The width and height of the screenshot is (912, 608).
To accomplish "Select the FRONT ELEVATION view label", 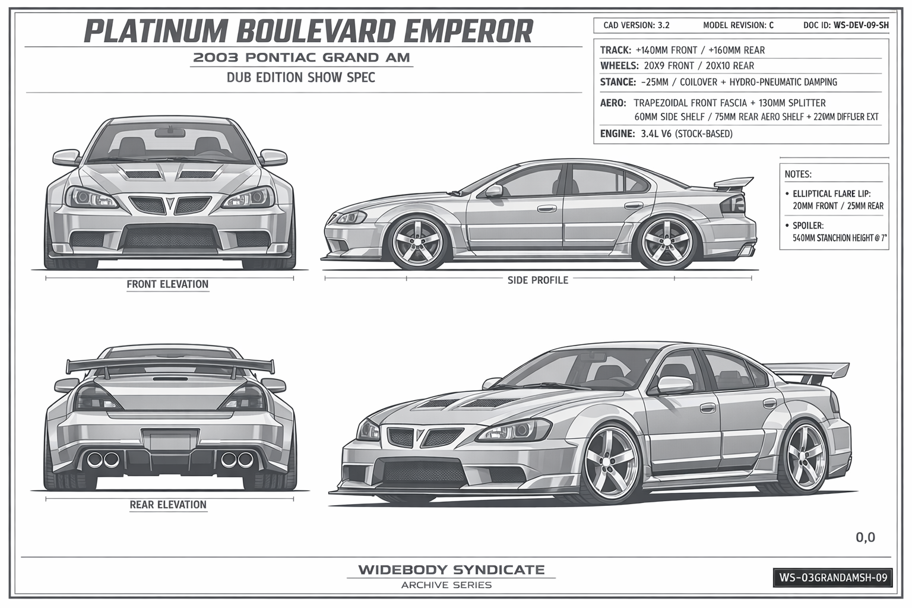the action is (x=167, y=284).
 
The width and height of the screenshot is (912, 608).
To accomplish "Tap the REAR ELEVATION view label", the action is (x=168, y=505).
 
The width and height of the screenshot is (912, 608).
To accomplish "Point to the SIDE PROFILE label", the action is (x=538, y=280).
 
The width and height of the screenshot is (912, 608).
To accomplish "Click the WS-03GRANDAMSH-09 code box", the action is (x=833, y=578).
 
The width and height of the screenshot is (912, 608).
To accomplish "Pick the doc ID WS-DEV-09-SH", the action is (x=861, y=26).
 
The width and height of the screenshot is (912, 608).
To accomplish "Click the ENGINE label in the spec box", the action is (x=617, y=134).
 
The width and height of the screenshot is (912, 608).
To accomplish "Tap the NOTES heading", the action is (x=798, y=175).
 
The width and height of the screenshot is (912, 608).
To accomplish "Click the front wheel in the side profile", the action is (x=417, y=243).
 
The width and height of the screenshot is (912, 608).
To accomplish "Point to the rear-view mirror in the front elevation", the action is (x=170, y=132).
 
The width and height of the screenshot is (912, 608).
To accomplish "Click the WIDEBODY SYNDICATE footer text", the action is (x=451, y=570).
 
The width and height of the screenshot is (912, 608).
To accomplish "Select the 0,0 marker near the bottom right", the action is (x=865, y=537).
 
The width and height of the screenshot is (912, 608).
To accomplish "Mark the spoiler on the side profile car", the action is (x=733, y=183).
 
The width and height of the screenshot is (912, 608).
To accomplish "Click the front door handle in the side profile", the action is (x=547, y=208).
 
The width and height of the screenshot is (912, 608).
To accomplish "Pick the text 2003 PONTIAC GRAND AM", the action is (x=301, y=58).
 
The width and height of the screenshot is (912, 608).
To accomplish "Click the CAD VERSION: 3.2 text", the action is (x=636, y=26).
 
